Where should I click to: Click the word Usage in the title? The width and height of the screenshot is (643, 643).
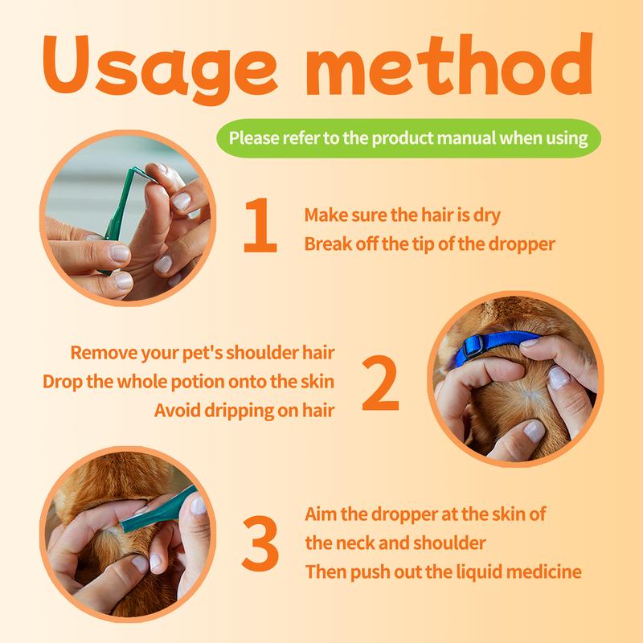pyautogui.click(x=160, y=68)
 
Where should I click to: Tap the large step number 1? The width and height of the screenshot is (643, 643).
pyautogui.click(x=260, y=225)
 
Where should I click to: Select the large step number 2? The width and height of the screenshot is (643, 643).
pyautogui.click(x=380, y=383)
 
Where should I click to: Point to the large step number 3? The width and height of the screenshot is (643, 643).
pyautogui.click(x=260, y=543)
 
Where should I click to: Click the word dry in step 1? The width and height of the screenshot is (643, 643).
pyautogui.click(x=487, y=215)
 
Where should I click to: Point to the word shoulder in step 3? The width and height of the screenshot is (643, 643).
pyautogui.click(x=449, y=543)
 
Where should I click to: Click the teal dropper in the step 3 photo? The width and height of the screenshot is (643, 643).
pyautogui.click(x=158, y=510)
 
